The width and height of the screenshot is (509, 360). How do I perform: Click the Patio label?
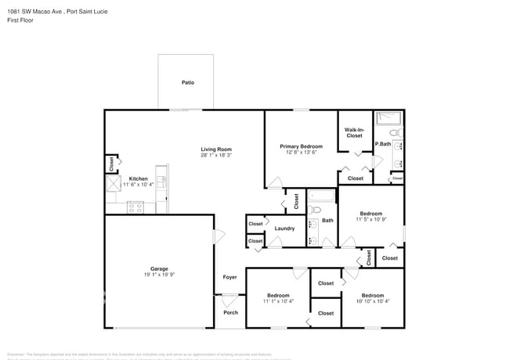188,82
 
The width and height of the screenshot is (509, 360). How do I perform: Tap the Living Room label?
215,149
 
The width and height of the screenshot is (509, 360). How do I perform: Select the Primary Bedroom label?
301,146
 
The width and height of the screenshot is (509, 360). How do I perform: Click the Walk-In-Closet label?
354,133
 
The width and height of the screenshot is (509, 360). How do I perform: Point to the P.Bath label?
383,144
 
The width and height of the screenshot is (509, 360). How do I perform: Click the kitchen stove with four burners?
136,208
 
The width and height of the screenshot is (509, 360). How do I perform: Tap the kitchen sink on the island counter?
162,182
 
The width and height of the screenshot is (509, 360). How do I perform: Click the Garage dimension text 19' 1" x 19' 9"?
159,275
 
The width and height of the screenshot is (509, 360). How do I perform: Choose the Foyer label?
229,277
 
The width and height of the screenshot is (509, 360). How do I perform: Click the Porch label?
230,312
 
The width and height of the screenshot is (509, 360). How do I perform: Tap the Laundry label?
284,229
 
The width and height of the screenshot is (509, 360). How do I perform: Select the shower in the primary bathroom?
388,118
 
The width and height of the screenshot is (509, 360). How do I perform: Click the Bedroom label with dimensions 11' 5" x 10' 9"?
371,214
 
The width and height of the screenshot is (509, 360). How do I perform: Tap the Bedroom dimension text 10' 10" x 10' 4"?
373,301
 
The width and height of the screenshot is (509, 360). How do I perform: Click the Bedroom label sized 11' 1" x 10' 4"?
278,296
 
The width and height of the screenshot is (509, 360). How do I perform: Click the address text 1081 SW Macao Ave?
35,11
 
